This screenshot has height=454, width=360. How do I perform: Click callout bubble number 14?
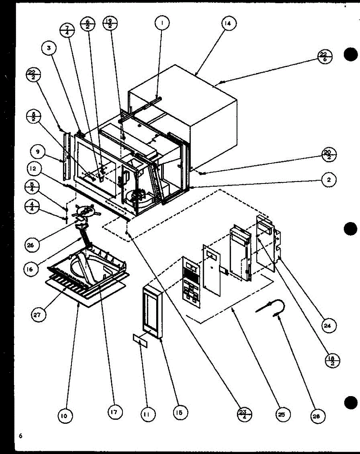point(228,23)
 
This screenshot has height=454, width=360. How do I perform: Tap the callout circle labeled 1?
point(162,23)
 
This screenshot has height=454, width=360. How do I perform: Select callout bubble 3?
point(49,48)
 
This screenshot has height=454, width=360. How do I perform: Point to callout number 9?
point(37,152)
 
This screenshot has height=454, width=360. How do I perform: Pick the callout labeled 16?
point(31,269)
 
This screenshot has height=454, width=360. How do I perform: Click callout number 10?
point(65,416)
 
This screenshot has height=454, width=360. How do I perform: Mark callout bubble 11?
point(146,415)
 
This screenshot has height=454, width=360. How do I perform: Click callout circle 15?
point(180,413)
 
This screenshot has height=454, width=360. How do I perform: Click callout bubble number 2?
point(329,181)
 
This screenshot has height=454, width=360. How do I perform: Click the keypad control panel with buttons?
point(191,282)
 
